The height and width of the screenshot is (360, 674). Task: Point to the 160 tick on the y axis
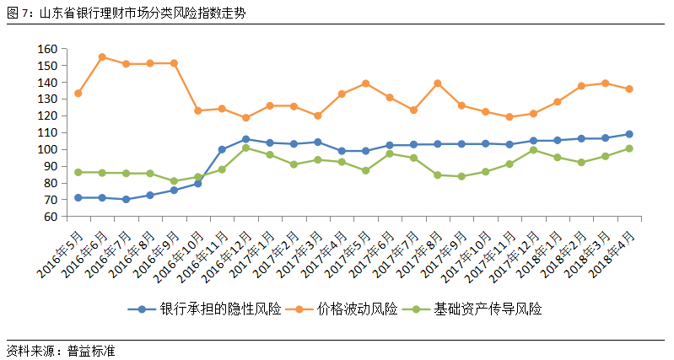point(46,49)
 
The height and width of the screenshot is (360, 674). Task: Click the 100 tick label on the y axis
point(46,149)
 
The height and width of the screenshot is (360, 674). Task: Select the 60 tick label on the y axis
point(50,217)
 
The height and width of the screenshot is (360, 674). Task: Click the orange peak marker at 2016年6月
point(102,57)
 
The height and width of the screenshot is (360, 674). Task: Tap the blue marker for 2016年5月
point(78,197)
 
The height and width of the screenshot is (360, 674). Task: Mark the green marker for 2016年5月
point(78,172)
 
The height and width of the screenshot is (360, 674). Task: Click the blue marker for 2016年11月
point(222,149)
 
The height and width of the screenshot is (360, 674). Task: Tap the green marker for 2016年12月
point(245,148)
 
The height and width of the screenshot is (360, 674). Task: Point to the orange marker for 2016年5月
point(78,93)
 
